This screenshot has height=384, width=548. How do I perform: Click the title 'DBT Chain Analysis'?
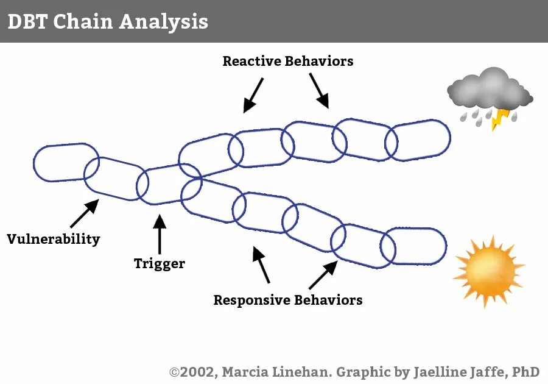[108, 21]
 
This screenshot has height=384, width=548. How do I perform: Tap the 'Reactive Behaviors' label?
[287, 61]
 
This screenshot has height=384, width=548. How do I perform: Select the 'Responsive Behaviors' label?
[287, 300]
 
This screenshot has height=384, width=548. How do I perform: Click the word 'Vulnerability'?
[53, 239]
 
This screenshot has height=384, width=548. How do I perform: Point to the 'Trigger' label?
[160, 263]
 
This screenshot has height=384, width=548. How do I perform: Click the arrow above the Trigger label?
[160, 234]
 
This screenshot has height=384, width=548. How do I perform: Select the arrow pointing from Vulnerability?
[83, 213]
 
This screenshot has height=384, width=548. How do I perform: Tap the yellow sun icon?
[488, 271]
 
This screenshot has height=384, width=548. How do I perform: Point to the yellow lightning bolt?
[500, 118]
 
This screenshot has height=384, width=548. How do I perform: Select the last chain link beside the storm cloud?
[418, 140]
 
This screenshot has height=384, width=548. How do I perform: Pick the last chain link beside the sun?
[413, 246]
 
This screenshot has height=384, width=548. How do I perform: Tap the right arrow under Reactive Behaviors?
[319, 91]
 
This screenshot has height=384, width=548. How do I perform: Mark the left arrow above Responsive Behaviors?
[261, 265]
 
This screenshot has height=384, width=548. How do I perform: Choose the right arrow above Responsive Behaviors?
[323, 275]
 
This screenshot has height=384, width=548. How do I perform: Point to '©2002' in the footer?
[191, 371]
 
